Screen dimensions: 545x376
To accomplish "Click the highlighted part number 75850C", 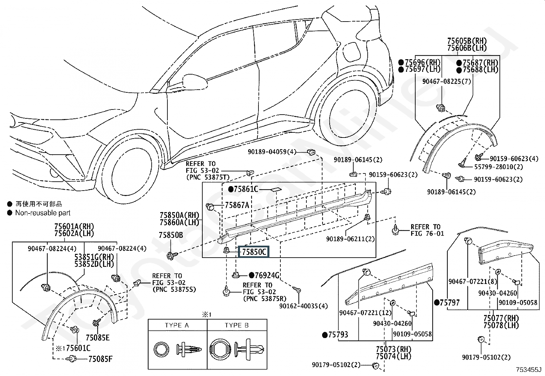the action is (x=254, y=252).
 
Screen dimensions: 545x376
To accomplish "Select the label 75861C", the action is (x=246, y=189).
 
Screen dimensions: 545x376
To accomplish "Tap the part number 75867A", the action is (x=237, y=205).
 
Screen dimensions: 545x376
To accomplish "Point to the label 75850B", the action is (x=171, y=235).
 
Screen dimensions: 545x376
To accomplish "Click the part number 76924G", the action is (x=267, y=275).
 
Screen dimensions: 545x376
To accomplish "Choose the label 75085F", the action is (x=100, y=359).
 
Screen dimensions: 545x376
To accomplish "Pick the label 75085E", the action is (x=98, y=338).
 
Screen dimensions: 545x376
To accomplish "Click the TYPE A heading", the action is (x=177, y=325).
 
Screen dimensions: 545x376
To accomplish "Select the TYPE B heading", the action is (x=237, y=325).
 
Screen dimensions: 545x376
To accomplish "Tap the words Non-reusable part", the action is (x=43, y=213).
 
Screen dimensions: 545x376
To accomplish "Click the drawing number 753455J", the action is (x=529, y=370).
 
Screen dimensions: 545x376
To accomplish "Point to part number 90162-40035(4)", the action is (x=304, y=306).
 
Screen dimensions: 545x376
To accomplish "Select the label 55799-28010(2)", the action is (x=498, y=167).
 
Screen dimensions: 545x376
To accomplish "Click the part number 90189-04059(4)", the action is (x=272, y=152).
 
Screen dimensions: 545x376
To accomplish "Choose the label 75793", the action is (x=338, y=335).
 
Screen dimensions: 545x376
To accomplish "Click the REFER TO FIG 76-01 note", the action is (x=428, y=230).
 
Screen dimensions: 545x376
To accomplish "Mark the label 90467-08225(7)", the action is (x=447, y=81).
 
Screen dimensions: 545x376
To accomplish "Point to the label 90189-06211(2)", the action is (x=350, y=239).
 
